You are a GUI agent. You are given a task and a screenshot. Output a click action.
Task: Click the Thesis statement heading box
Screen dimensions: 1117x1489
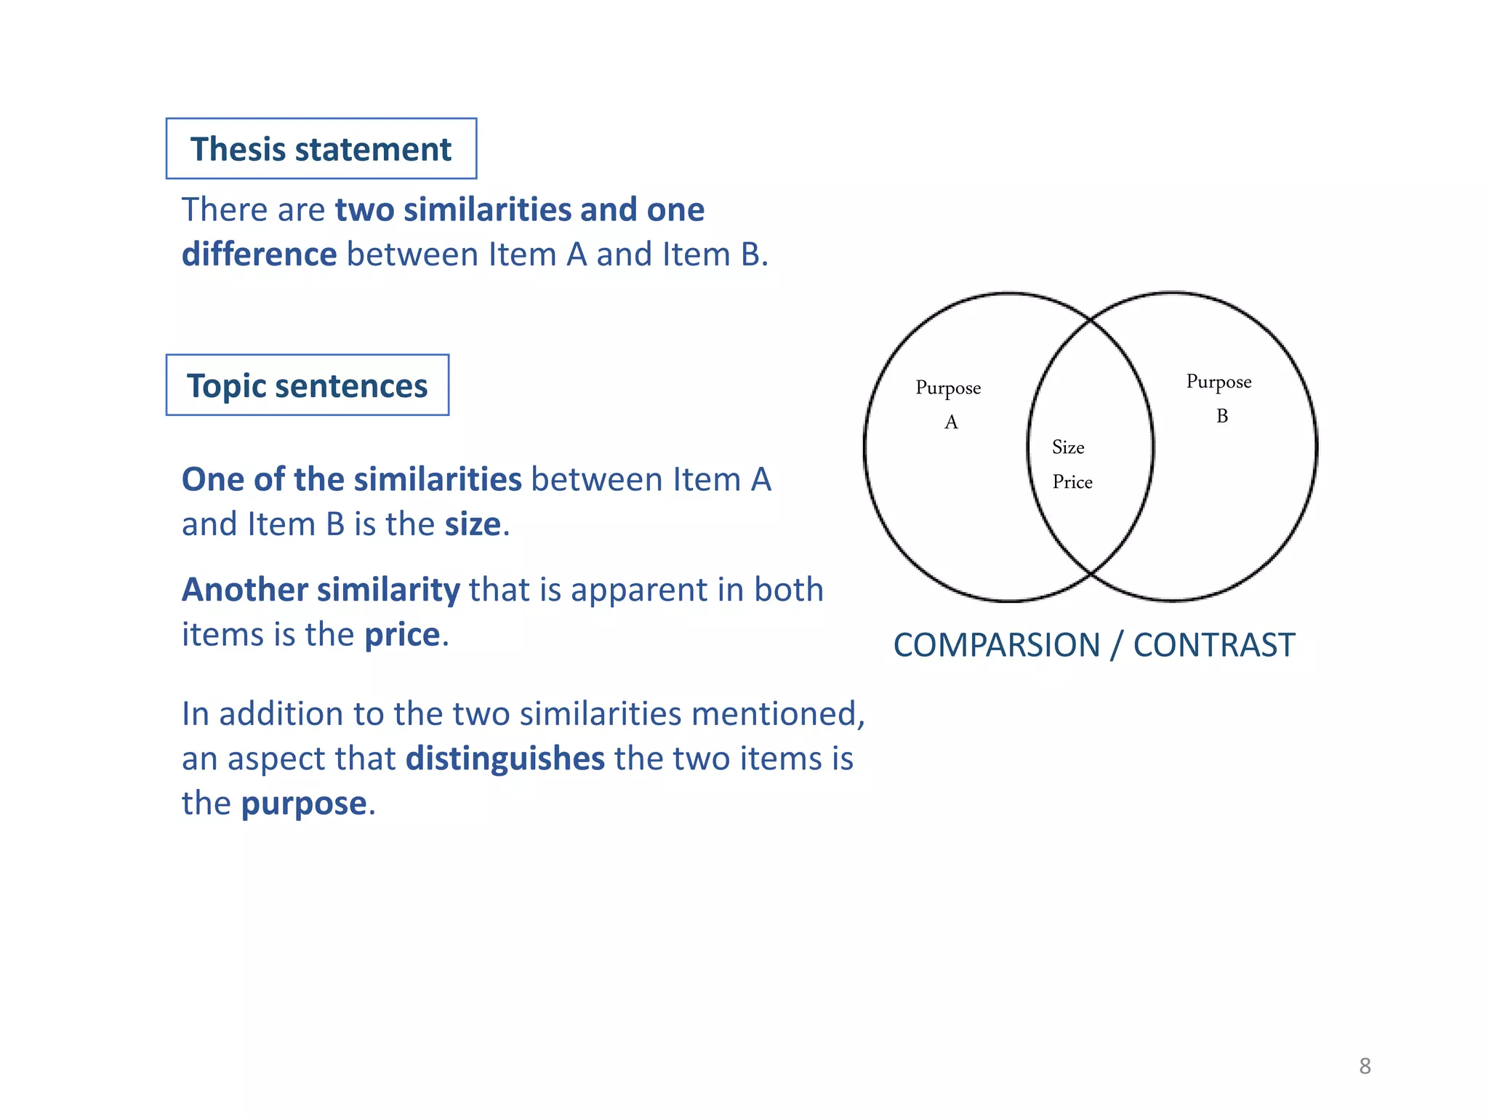click(x=321, y=148)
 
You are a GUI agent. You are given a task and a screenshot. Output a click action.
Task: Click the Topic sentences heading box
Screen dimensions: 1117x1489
click(x=307, y=385)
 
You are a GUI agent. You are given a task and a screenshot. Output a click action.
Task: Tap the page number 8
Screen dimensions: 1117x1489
click(x=1365, y=1066)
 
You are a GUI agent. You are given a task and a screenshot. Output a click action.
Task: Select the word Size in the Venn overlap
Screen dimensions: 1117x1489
click(x=1068, y=447)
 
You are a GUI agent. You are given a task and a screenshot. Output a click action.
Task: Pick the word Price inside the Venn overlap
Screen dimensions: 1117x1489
click(x=1072, y=482)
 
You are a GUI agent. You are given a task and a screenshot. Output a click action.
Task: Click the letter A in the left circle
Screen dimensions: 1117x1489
click(x=951, y=423)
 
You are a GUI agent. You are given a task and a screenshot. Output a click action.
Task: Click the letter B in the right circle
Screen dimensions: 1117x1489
click(x=1222, y=416)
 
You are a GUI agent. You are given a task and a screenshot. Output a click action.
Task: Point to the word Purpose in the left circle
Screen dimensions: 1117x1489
click(x=948, y=388)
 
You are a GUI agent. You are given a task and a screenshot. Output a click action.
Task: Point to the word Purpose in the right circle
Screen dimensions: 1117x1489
click(x=1219, y=383)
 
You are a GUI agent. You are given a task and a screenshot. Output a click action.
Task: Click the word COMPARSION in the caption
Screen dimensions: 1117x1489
click(x=996, y=646)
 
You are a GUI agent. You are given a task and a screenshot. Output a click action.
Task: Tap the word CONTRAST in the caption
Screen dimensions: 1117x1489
click(x=1214, y=646)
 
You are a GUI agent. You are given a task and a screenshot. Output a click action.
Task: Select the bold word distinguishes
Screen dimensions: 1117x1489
click(x=505, y=758)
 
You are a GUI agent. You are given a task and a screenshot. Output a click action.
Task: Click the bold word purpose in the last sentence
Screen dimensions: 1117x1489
click(x=304, y=804)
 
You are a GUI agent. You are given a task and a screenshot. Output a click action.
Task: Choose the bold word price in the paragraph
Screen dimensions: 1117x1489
click(x=402, y=635)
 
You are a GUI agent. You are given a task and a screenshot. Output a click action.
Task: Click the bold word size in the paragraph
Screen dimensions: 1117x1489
click(x=473, y=524)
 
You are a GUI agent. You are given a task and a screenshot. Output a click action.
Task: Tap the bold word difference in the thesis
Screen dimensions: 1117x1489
click(x=259, y=255)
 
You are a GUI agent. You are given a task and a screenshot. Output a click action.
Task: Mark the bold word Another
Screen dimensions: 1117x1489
click(x=245, y=590)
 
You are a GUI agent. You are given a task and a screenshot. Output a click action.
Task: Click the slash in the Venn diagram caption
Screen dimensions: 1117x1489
click(x=1117, y=646)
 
